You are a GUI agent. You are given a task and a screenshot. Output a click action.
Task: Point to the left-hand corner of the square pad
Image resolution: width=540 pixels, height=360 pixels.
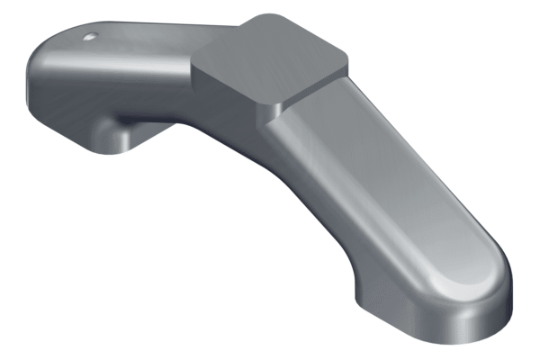pyautogui.click(x=196, y=56)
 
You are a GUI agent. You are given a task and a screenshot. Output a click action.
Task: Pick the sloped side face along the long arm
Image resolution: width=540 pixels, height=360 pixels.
pyautogui.click(x=315, y=198)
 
